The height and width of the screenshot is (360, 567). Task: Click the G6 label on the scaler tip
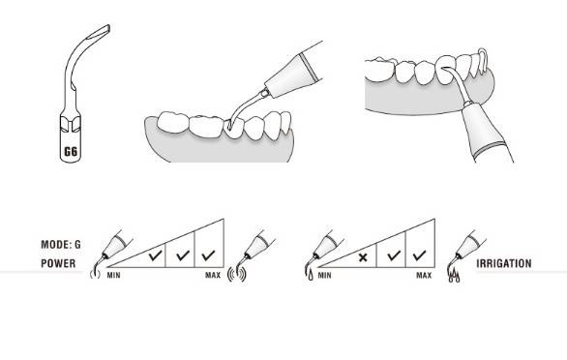click(x=71, y=151)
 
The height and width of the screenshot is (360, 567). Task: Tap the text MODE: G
click(x=61, y=245)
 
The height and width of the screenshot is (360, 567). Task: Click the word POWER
click(x=58, y=263)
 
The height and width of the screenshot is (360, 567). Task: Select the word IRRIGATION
click(x=504, y=263)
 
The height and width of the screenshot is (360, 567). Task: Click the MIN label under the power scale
click(x=113, y=276)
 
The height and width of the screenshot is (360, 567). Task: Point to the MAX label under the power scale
click(x=213, y=276)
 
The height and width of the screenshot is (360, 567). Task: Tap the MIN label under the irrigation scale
click(x=324, y=276)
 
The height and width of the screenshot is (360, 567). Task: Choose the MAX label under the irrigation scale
click(x=424, y=276)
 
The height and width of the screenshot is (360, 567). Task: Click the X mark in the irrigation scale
click(x=363, y=257)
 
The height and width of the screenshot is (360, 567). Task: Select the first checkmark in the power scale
click(x=155, y=255)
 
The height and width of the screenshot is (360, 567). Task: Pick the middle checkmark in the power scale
click(x=183, y=255)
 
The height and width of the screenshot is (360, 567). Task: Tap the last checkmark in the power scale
click(x=209, y=255)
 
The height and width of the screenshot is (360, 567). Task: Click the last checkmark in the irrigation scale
click(x=420, y=255)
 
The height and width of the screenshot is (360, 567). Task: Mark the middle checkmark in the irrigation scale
click(x=394, y=255)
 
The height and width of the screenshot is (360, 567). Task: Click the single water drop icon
click(x=311, y=276)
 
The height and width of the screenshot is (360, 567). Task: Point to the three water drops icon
click(x=455, y=277)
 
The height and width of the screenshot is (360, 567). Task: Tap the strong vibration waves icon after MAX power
click(x=237, y=275)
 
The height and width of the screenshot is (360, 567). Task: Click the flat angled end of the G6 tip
click(x=99, y=32)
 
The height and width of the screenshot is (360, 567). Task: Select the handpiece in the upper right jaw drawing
click(x=488, y=132)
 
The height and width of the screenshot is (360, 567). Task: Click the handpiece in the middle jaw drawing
click(x=293, y=73)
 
